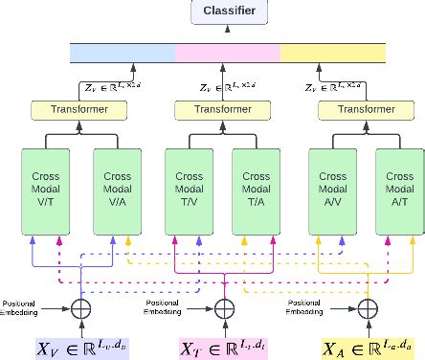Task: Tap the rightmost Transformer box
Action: (x=365, y=109)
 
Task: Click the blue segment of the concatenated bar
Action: (x=123, y=51)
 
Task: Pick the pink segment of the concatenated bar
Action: (x=227, y=51)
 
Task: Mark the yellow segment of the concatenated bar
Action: (x=331, y=51)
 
